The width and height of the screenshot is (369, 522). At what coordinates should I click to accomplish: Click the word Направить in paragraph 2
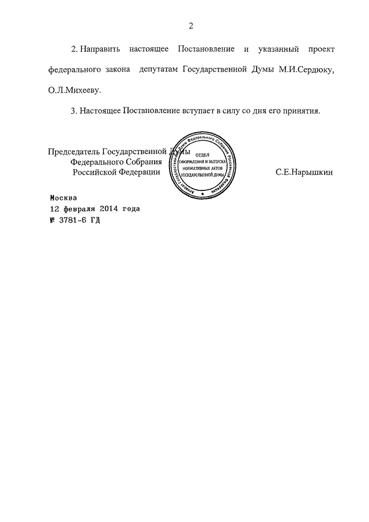pyautogui.click(x=97, y=48)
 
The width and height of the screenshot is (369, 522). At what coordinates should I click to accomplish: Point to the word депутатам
pyautogui.click(x=156, y=69)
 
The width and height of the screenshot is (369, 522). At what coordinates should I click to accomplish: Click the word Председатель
pyautogui.click(x=74, y=152)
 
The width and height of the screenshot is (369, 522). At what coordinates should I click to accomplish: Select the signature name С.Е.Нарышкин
pyautogui.click(x=304, y=172)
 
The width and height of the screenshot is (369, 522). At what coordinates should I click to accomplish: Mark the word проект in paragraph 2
pyautogui.click(x=321, y=48)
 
